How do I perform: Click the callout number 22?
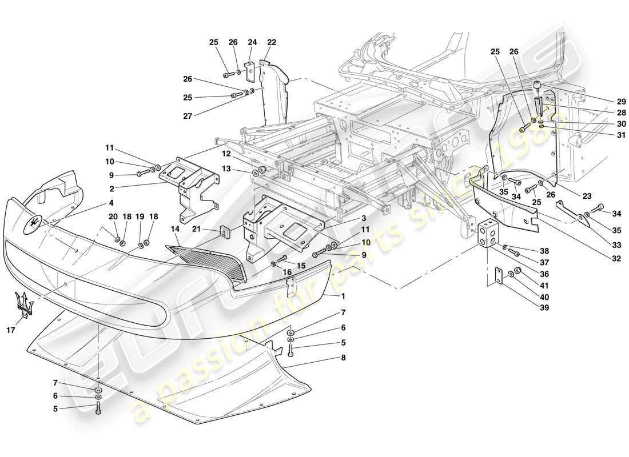click(271, 42)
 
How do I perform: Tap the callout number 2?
click(112, 188)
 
